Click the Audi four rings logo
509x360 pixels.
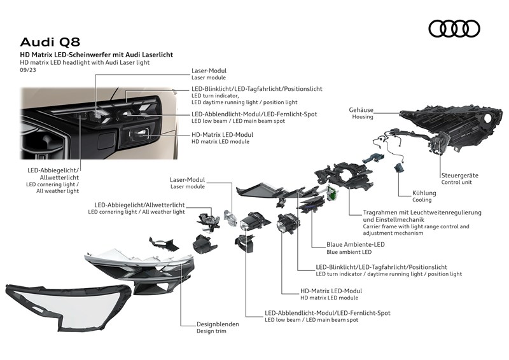454,29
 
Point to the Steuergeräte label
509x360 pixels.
459,175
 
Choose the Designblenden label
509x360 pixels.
218,324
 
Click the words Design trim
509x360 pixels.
212,331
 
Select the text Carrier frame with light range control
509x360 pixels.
407,226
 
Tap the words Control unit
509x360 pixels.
456,183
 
